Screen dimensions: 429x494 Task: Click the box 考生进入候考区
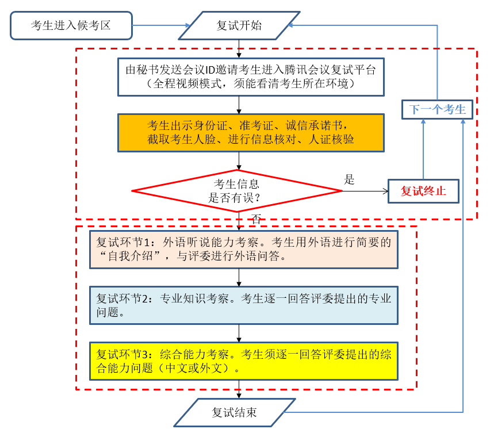click(71, 25)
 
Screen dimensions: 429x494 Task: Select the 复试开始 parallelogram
click(239, 25)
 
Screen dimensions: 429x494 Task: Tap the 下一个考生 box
click(437, 109)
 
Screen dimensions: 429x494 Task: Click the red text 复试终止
click(423, 191)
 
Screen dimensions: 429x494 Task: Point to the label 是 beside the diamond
click(349, 179)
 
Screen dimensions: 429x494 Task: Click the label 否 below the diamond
click(256, 219)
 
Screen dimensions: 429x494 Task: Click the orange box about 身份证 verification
click(250, 133)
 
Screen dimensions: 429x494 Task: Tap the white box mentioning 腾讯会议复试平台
click(250, 76)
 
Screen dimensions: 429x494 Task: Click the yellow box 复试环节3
click(243, 361)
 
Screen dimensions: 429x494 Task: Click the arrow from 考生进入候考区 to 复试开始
click(161, 25)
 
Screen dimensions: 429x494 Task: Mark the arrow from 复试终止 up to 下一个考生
click(423, 150)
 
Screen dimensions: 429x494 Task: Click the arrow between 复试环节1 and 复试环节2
click(239, 277)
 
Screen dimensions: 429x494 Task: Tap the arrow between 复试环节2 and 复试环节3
click(239, 333)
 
